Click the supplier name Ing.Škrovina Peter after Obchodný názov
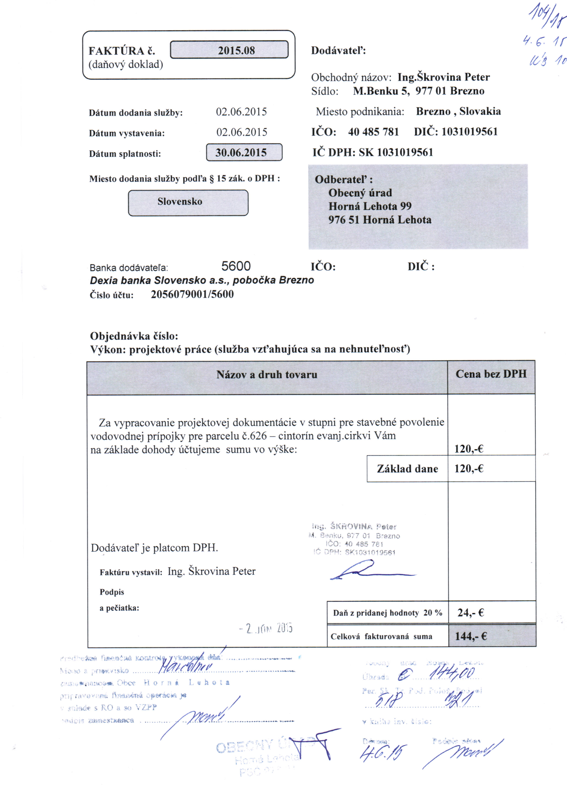pyautogui.click(x=443, y=77)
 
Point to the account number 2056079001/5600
pyautogui.click(x=192, y=294)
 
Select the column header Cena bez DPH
pyautogui.click(x=491, y=374)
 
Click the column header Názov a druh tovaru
pyautogui.click(x=267, y=375)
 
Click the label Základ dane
pyautogui.click(x=407, y=469)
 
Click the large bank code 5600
pyautogui.click(x=236, y=266)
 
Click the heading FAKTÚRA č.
pyautogui.click(x=122, y=51)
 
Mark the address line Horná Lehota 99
pyautogui.click(x=370, y=206)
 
